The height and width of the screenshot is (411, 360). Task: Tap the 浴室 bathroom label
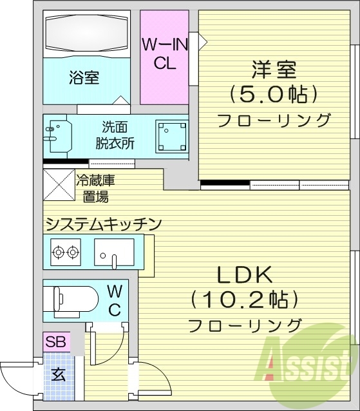[x=84, y=78]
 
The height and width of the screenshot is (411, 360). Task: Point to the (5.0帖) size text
[x=274, y=95]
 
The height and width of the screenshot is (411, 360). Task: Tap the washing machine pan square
[x=172, y=135]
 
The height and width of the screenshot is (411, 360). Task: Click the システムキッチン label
[x=102, y=224]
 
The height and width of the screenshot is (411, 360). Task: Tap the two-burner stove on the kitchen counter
[x=66, y=251]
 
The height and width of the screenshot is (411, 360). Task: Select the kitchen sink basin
[x=114, y=252]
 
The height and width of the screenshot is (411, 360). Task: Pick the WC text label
[x=114, y=300]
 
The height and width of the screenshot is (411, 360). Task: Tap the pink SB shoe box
[x=56, y=341]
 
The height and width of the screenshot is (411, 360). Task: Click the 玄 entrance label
[x=58, y=375]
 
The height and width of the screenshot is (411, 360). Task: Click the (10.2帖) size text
[x=245, y=300]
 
